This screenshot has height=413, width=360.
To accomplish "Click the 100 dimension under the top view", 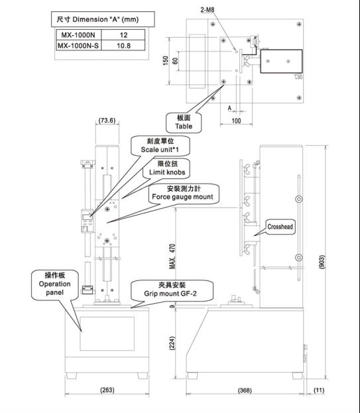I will click(236, 121).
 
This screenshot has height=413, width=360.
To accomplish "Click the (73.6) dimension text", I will click(107, 120).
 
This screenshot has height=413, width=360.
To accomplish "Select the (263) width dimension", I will click(105, 390).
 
